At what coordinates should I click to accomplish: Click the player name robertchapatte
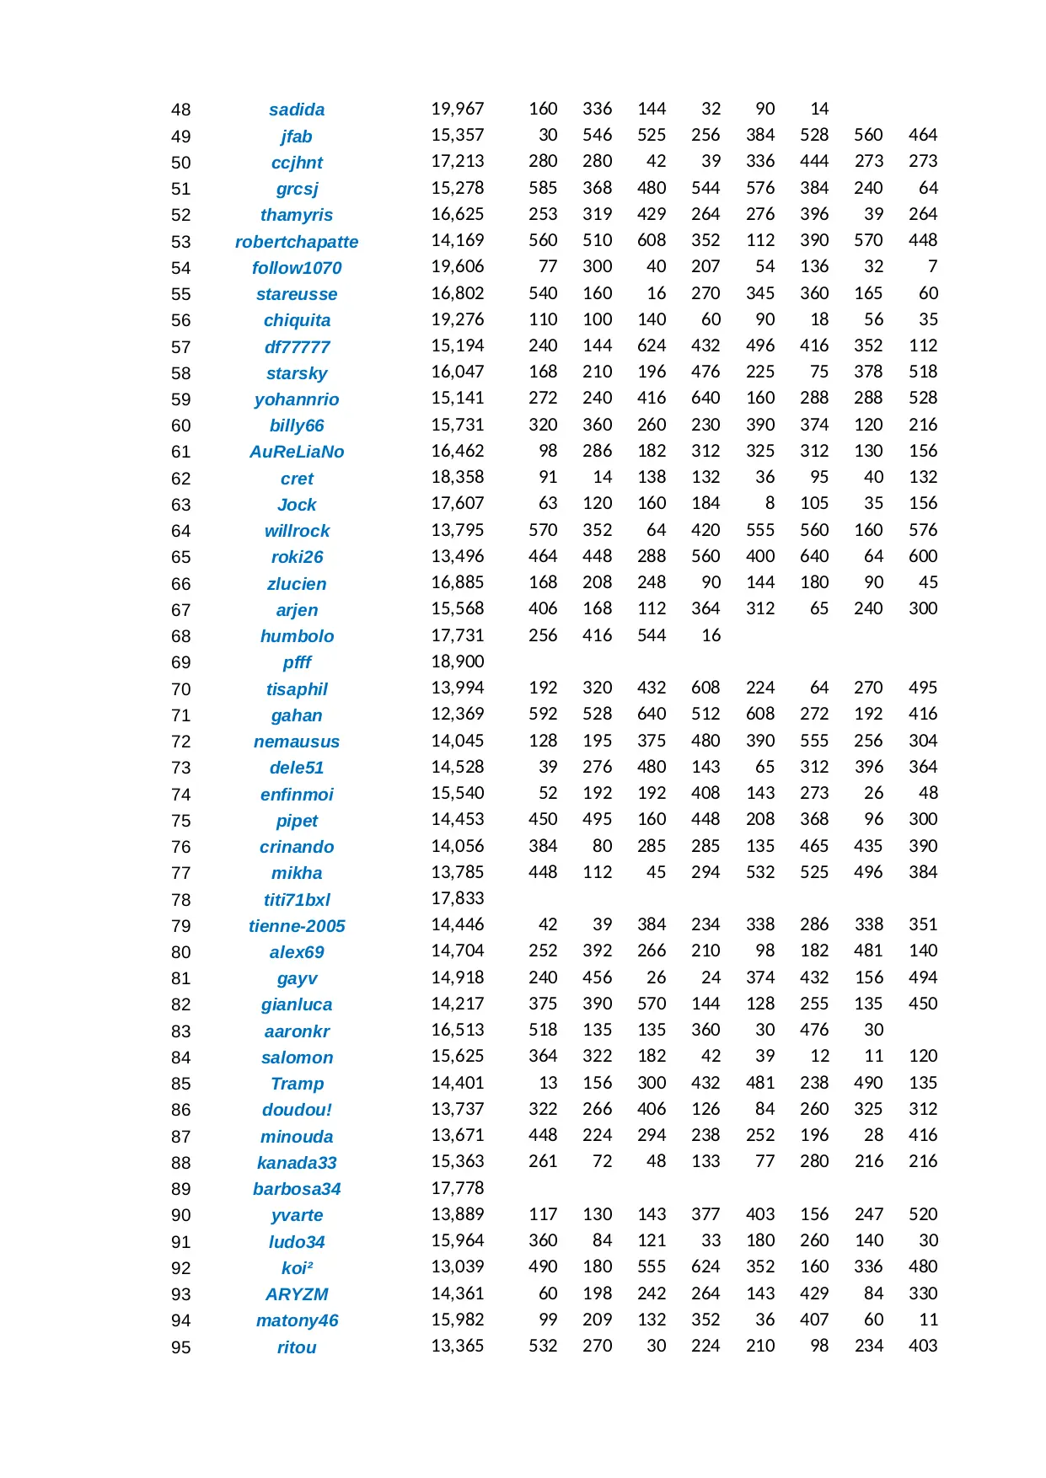coord(297,242)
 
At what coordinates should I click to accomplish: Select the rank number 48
coord(180,110)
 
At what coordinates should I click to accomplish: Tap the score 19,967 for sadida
coord(458,109)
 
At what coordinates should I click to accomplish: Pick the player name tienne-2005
coord(297,926)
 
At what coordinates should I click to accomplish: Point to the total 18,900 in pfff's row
coord(458,661)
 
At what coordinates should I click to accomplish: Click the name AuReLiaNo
coord(297,452)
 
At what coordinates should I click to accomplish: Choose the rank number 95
coord(180,1347)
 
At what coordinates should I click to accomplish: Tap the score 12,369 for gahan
coord(458,714)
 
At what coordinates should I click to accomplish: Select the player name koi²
coord(297,1268)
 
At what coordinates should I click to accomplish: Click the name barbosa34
coord(297,1189)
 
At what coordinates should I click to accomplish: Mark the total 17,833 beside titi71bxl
coord(458,898)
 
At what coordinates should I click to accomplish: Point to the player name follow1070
coord(297,268)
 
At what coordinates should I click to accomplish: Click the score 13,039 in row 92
coord(458,1266)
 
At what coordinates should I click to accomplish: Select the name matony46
coord(297,1320)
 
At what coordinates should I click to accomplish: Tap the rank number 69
coord(180,662)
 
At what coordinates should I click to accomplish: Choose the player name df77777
coord(297,347)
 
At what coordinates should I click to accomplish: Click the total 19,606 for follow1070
coord(458,266)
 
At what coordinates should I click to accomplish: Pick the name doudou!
coord(297,1110)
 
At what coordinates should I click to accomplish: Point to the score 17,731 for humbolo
coord(458,635)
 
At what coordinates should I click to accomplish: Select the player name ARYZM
coord(297,1294)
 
